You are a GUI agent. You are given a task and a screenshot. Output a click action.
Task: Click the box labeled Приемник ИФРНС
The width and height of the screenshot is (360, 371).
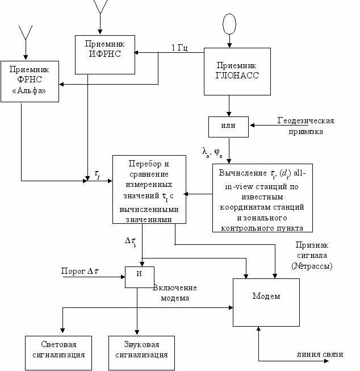[x=105, y=55]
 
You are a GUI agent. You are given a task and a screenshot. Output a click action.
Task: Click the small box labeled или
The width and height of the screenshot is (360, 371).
[x=228, y=125]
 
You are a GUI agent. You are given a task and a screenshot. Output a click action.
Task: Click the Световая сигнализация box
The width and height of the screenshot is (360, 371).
[x=58, y=350]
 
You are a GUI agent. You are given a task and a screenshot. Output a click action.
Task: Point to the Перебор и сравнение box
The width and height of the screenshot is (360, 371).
[x=149, y=190]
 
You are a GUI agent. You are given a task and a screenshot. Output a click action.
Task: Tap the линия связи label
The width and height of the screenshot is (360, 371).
[x=320, y=355]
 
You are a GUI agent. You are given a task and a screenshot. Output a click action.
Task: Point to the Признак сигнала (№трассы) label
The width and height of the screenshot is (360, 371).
[x=315, y=255]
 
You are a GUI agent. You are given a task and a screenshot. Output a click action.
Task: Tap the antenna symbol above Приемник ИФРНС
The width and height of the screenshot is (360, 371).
[x=99, y=7]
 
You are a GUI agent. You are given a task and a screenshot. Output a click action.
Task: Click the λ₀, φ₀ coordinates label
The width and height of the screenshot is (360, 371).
[x=212, y=152]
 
